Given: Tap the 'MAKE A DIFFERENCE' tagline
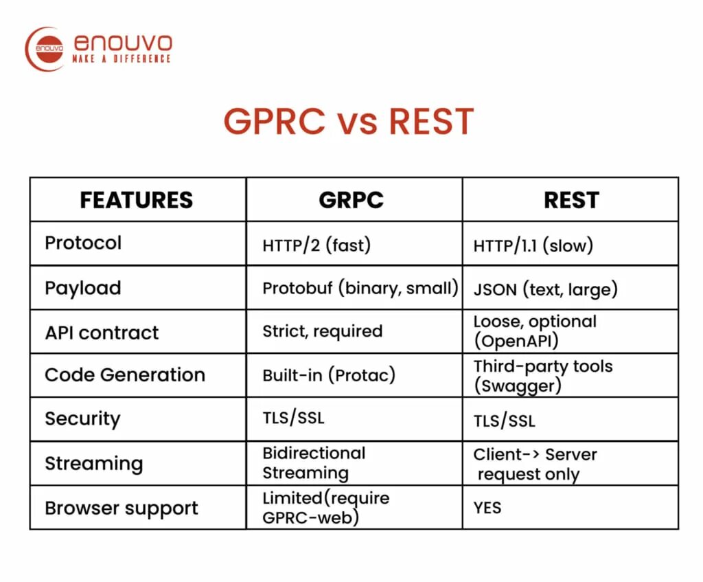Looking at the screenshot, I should point(122,60).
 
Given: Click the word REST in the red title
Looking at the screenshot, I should point(430,122).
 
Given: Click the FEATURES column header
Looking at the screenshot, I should point(136,200).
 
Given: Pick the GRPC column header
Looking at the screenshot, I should point(351,200).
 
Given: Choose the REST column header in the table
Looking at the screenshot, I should point(571,200).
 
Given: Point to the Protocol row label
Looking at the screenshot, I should point(83,243).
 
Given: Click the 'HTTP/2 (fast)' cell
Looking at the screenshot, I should point(316,246).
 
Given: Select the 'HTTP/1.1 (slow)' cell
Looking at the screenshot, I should point(533,246).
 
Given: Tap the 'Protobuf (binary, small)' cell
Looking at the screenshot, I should point(360,288).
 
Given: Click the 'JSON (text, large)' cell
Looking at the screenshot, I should point(545,289).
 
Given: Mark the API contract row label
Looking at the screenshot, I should point(102,333).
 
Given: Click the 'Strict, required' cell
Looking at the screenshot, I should point(322,331).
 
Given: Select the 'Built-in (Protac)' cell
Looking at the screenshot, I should point(329,376).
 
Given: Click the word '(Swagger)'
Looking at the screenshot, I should point(517,386).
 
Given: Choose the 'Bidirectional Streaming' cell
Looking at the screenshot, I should point(313,463).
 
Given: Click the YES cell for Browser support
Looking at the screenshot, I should point(487,508).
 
